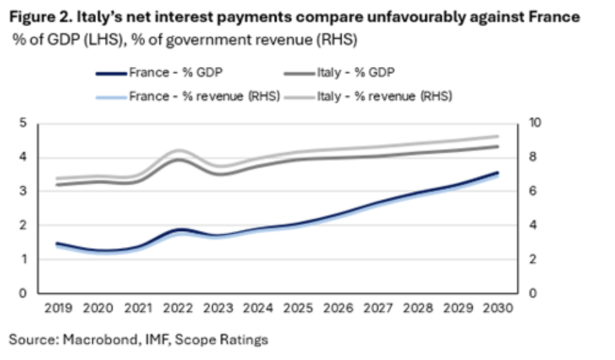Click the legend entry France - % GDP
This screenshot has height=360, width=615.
[x=160, y=73]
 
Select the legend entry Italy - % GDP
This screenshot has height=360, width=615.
[x=339, y=73]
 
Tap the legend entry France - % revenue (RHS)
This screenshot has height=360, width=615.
[x=188, y=97]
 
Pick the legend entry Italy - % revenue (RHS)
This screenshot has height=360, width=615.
[x=368, y=97]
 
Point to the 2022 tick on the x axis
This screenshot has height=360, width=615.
[x=178, y=308]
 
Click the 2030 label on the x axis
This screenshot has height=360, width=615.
[x=498, y=308]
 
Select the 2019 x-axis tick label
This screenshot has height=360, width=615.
[x=58, y=308]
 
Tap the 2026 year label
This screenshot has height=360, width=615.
[x=338, y=308]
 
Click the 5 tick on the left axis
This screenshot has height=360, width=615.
[x=23, y=122]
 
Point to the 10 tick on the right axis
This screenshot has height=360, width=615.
[x=535, y=122]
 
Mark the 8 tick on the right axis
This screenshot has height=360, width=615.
[x=533, y=157]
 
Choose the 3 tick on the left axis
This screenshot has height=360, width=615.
[x=23, y=191]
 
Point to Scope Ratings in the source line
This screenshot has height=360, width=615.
[x=221, y=340]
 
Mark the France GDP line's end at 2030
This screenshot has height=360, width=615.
[x=498, y=173]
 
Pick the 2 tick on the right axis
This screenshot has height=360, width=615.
[x=533, y=259]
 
